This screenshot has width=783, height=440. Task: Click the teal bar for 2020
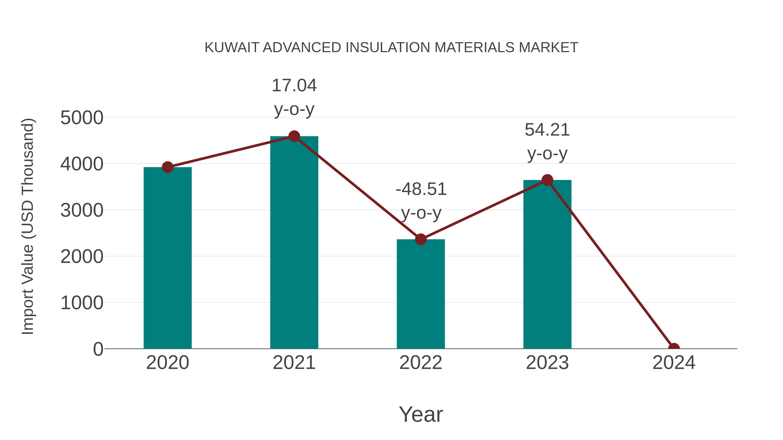[x=167, y=258]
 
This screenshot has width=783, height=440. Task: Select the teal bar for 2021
[x=294, y=243]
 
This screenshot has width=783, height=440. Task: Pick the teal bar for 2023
[x=547, y=264]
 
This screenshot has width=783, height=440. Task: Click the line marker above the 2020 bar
[x=167, y=167]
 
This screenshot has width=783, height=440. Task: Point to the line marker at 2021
[x=294, y=136]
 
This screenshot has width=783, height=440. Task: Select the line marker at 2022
[x=421, y=239]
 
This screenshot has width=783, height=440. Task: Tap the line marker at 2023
[x=547, y=180]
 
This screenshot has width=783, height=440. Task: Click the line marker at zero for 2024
[x=674, y=348]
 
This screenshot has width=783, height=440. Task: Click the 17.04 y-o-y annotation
[x=294, y=97]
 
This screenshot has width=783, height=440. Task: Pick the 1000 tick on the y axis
[x=82, y=303]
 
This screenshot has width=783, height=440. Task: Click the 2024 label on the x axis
[x=674, y=363]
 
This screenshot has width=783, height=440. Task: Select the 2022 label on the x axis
[x=421, y=363]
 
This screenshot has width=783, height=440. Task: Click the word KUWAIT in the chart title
[x=232, y=48]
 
